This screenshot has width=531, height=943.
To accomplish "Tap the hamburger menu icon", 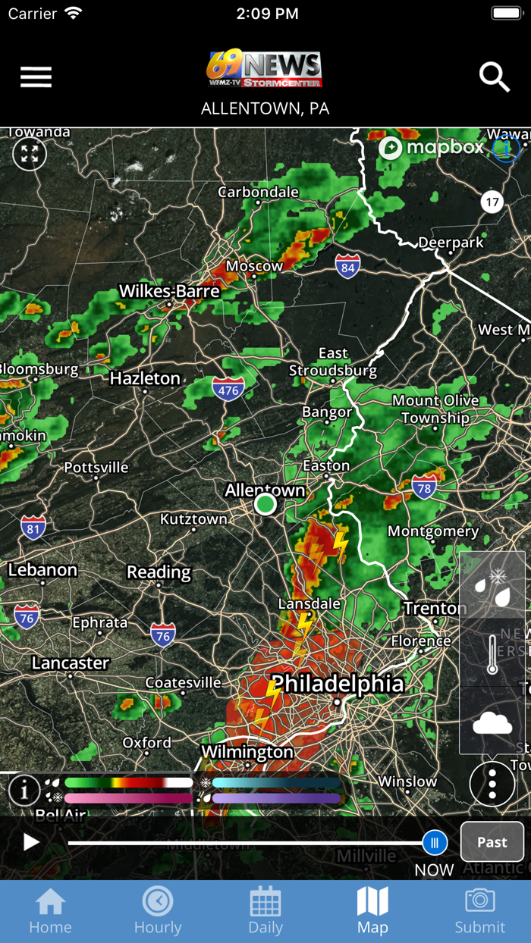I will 36,77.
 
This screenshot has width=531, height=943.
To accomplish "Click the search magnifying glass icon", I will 495,77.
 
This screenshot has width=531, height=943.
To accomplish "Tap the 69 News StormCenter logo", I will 265,70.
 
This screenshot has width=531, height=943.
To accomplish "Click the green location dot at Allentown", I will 265,504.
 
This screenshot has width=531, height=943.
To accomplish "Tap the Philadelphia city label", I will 338,684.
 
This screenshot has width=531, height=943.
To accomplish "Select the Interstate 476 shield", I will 228,390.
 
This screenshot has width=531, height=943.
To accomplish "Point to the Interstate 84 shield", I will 347,265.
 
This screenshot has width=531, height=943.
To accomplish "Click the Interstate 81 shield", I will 33,527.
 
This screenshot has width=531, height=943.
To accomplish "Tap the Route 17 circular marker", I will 492,202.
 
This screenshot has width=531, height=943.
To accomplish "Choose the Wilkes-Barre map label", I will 169,291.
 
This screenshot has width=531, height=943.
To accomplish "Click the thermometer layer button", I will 492,653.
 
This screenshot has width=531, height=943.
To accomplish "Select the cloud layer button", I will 492,722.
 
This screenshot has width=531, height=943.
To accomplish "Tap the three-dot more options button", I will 492,784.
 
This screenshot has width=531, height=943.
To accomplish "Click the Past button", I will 492,841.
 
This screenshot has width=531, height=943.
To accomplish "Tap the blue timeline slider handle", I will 435,842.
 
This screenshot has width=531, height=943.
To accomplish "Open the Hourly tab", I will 158,910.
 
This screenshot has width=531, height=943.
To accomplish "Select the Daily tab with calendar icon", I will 265,910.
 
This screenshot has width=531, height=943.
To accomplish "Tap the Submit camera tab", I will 479,910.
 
